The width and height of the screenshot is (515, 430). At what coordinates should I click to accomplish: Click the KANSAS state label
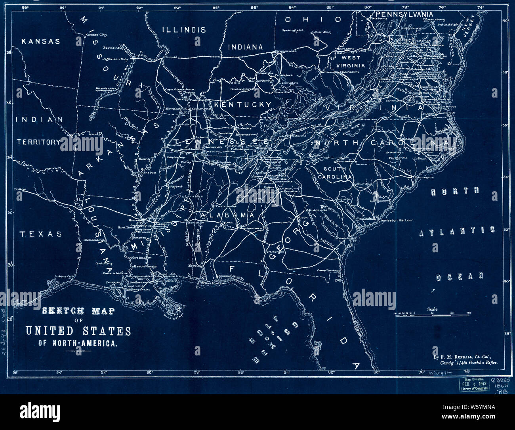(x=40, y=41)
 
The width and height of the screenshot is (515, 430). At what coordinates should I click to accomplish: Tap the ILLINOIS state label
(x=184, y=30)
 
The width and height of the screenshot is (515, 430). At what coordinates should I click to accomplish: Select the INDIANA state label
(x=245, y=47)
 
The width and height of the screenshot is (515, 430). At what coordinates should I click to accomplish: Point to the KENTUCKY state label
(x=242, y=105)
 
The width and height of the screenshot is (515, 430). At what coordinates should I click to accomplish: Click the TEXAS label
(x=41, y=234)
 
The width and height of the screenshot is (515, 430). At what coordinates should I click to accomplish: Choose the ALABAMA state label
(x=227, y=215)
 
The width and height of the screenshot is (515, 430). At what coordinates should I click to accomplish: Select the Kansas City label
(x=96, y=35)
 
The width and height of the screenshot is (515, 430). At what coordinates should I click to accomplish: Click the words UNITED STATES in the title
(x=78, y=330)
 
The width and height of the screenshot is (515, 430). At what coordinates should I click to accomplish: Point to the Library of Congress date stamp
(x=473, y=385)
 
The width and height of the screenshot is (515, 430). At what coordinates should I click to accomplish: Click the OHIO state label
(x=313, y=19)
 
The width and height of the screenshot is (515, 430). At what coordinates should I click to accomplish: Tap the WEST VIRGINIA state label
(x=351, y=61)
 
